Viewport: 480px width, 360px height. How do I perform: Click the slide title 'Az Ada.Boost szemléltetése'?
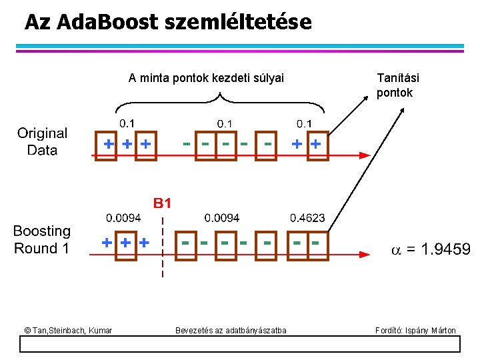[x=167, y=23]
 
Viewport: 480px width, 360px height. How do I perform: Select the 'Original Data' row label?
[x=42, y=142]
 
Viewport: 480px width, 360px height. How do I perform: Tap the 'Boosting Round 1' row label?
[x=42, y=240]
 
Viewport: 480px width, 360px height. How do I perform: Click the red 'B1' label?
[x=163, y=203]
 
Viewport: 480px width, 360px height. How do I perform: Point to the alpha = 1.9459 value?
[x=430, y=249]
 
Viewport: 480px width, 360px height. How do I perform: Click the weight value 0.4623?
[x=307, y=218]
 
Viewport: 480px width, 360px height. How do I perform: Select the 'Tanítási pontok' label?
[x=397, y=85]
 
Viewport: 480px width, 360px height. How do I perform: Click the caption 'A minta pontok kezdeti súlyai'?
[x=206, y=79]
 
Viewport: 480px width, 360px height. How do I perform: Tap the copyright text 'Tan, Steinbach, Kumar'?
[x=68, y=330]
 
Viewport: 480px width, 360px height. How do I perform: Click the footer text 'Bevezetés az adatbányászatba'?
[x=231, y=330]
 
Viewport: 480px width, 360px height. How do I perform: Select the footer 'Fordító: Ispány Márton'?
[x=415, y=330]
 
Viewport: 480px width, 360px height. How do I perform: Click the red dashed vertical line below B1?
[x=162, y=247]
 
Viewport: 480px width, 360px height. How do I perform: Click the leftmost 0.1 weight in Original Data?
[x=126, y=123]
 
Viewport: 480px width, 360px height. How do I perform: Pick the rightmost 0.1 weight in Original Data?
[x=304, y=123]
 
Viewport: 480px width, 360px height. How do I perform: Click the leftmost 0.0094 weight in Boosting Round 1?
[x=123, y=218]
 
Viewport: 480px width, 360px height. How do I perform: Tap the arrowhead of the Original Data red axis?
[x=364, y=155]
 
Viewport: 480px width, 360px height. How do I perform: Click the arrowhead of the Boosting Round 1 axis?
[x=364, y=254]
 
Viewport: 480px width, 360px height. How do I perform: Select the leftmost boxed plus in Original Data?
[x=107, y=144]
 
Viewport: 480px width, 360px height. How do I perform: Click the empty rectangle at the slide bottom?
[x=240, y=344]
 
